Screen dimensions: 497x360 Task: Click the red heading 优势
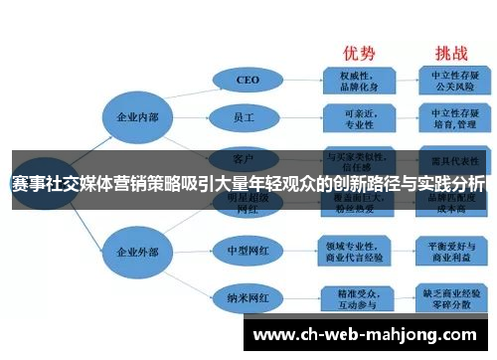click(359, 52)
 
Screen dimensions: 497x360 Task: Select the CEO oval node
click(248, 80)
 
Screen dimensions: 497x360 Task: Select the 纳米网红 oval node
click(248, 296)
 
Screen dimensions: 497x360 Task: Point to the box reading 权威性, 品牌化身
click(359, 79)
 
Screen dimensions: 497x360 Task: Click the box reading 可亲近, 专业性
click(359, 118)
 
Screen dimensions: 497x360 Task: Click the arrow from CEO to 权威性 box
click(301, 80)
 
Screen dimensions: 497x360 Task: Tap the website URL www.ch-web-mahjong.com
click(371, 334)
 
